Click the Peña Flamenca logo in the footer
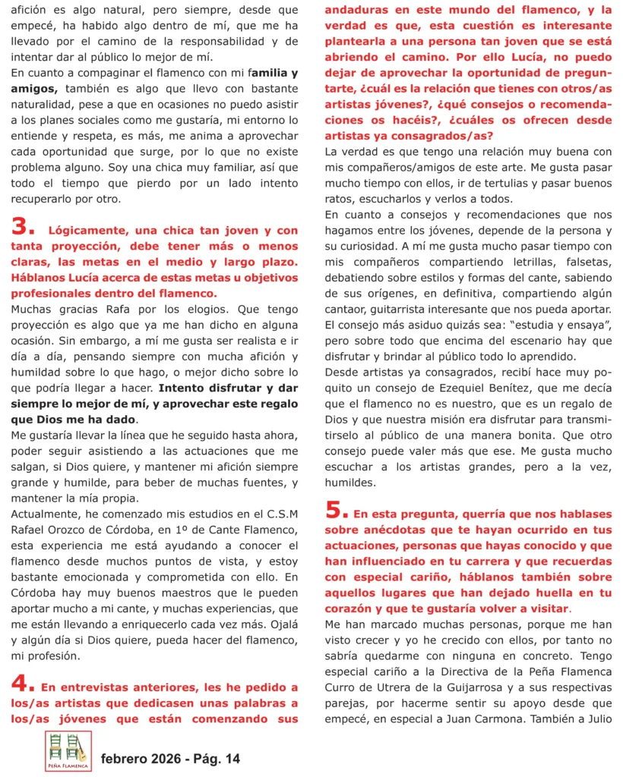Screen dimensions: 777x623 click(x=68, y=751)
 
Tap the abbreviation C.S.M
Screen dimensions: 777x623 click(x=276, y=513)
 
